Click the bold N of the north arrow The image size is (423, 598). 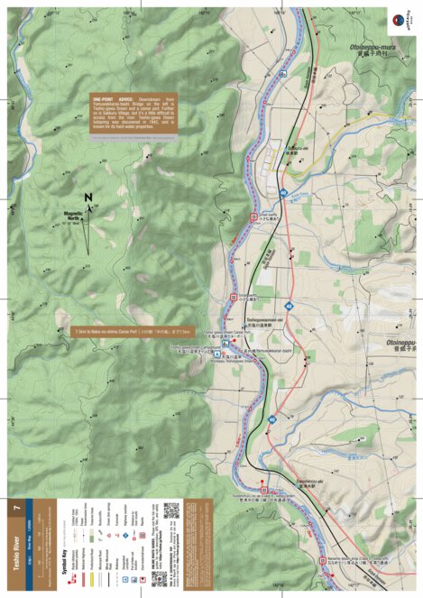point(87,198)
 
